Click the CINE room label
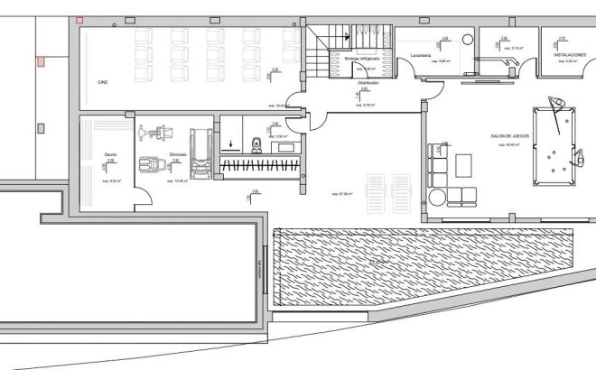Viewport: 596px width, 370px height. pos(103,82)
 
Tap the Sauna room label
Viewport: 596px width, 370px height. pos(109,154)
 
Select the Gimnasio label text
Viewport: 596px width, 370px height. pos(176,154)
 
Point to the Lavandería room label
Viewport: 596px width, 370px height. pos(420,55)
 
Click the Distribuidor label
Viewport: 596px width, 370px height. pos(368,82)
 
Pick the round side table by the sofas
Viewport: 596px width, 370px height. pos(437,196)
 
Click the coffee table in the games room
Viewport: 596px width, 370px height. pos(465,165)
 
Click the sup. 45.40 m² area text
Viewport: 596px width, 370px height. pos(508,144)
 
